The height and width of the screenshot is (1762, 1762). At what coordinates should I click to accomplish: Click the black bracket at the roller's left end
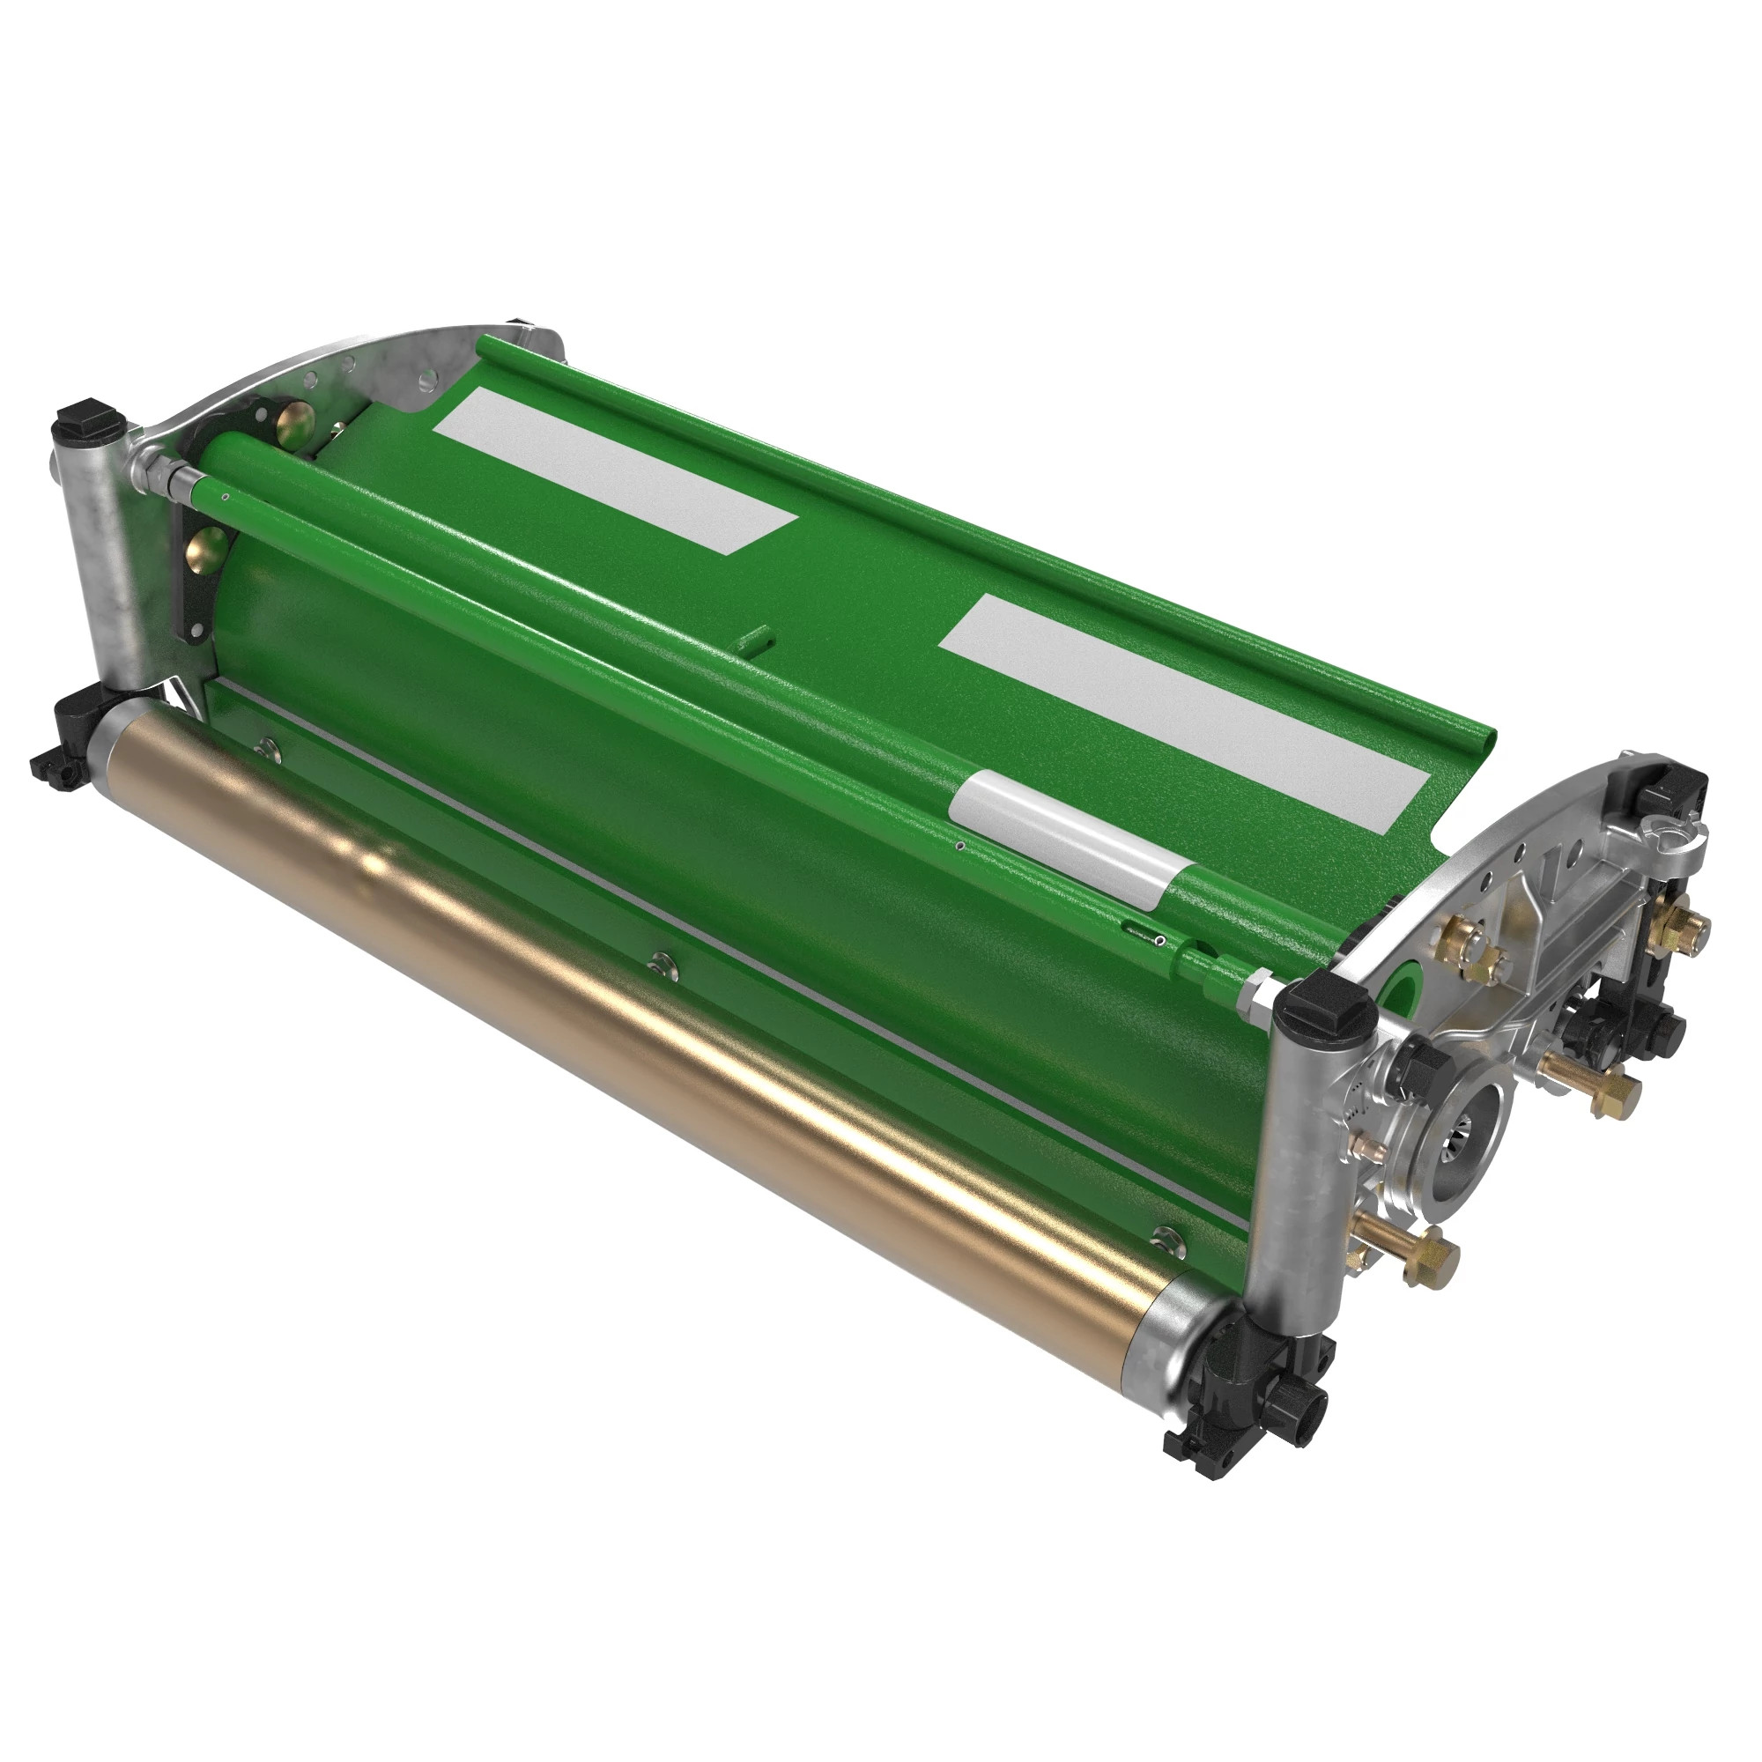tap(69, 739)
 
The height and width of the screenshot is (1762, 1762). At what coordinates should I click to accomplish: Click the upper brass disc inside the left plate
tap(294, 421)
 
